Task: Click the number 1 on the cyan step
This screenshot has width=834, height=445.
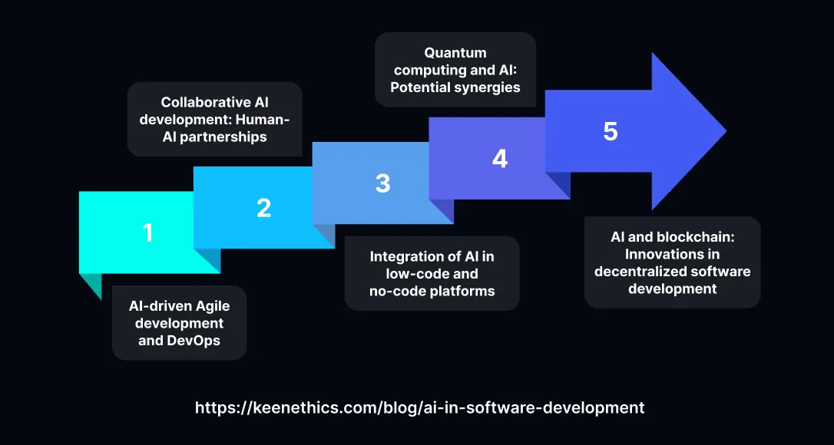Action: [147, 232]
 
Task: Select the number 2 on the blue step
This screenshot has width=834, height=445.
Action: [263, 208]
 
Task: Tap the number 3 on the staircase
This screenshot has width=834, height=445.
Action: [382, 183]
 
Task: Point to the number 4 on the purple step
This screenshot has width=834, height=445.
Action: [499, 159]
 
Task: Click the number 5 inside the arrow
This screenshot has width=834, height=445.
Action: [611, 132]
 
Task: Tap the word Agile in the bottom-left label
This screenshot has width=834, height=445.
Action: [208, 306]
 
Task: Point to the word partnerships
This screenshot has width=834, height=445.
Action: [224, 137]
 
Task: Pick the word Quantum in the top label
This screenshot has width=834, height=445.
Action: [455, 53]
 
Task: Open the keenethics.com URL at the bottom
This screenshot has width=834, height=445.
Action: [419, 407]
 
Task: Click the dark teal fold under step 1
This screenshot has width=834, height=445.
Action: [91, 285]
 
